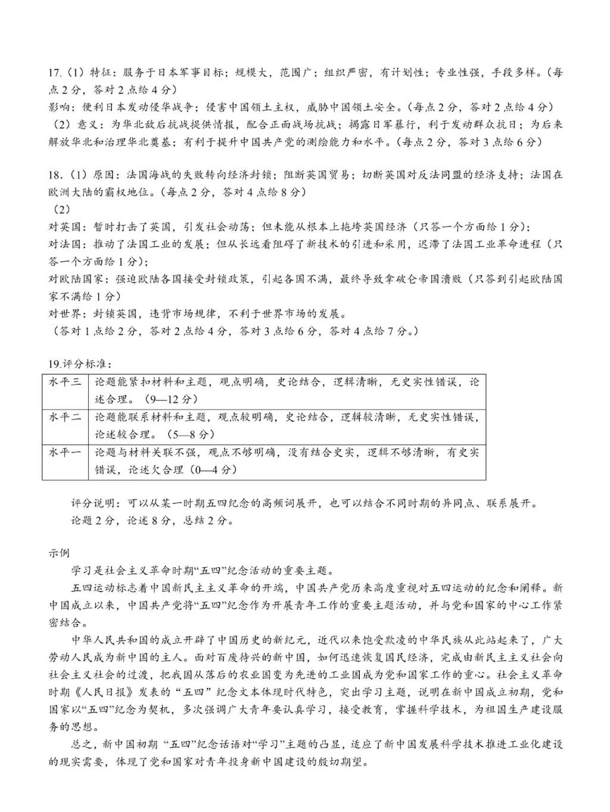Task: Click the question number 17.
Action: (54, 73)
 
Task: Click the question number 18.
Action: (54, 175)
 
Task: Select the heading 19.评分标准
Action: (80, 364)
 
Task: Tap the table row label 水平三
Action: (64, 382)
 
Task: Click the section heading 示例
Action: (58, 553)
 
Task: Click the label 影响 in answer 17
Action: (59, 108)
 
